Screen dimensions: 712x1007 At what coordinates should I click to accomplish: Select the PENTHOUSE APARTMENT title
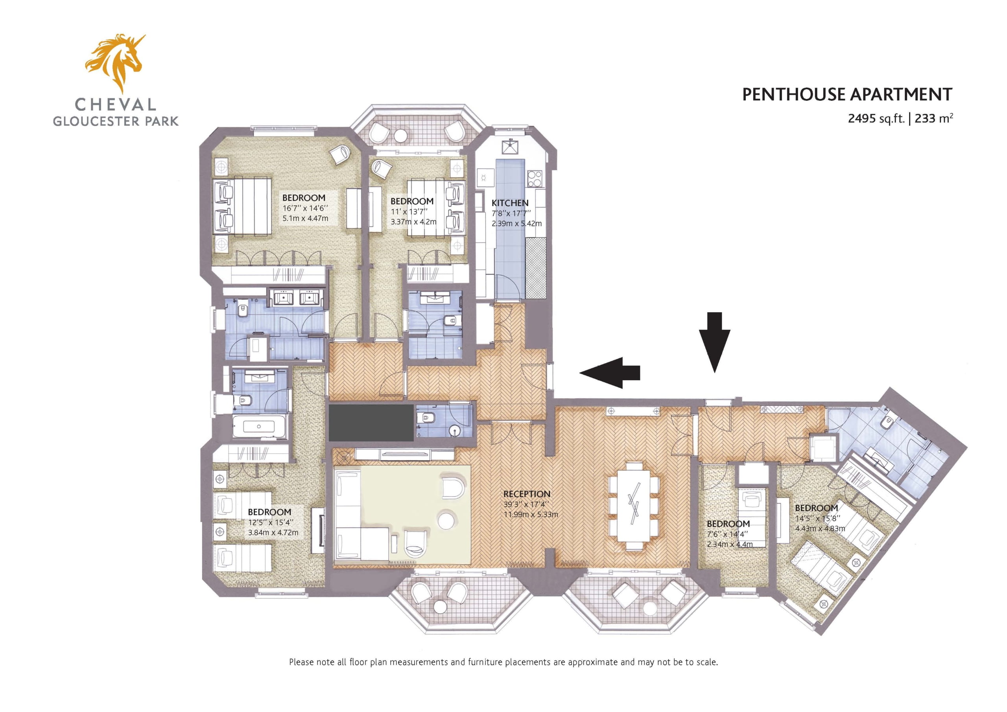(x=847, y=95)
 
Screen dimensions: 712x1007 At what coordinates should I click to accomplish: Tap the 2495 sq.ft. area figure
(x=876, y=118)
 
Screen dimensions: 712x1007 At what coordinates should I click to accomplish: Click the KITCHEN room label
(x=510, y=203)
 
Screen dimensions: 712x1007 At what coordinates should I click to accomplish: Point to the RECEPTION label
(x=526, y=494)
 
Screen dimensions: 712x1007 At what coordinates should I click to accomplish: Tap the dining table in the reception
(x=634, y=506)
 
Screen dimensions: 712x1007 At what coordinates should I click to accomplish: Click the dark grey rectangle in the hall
(x=371, y=423)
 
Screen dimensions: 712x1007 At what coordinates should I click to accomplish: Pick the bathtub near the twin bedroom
(x=259, y=426)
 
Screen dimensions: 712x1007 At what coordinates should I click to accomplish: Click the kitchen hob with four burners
(x=534, y=178)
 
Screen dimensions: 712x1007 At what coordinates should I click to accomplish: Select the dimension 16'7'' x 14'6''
(x=305, y=208)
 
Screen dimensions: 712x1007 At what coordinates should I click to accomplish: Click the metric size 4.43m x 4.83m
(x=820, y=529)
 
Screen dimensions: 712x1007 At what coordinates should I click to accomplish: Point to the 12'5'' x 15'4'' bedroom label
(x=269, y=512)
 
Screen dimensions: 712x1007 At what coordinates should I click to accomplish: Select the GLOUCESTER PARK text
(x=116, y=121)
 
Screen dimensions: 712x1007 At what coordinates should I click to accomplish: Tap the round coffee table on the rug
(x=447, y=521)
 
